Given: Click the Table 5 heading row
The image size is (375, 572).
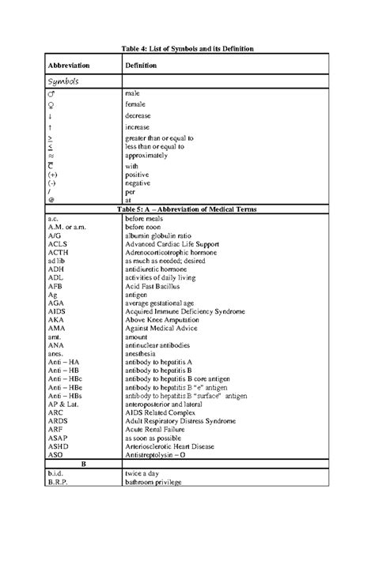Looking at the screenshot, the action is pos(187,209).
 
